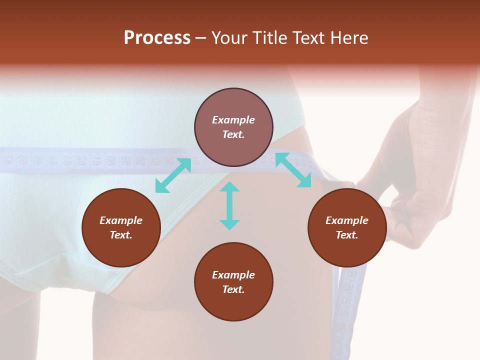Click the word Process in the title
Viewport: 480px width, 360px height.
tap(157, 38)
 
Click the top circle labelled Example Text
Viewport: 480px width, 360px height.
tap(233, 127)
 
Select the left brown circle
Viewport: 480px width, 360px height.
tap(121, 227)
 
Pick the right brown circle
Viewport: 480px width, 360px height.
tap(347, 227)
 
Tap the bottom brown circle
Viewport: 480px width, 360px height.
tap(233, 282)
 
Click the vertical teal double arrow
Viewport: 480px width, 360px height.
tap(229, 205)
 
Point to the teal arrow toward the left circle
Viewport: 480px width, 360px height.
tap(173, 175)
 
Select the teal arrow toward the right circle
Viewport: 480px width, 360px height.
tap(293, 170)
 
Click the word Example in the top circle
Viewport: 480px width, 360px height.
tap(233, 120)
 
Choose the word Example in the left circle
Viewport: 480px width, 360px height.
tap(121, 220)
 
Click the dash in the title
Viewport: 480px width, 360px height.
tap(201, 38)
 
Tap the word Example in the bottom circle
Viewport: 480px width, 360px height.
tap(233, 275)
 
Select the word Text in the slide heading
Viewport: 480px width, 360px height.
tap(308, 38)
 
